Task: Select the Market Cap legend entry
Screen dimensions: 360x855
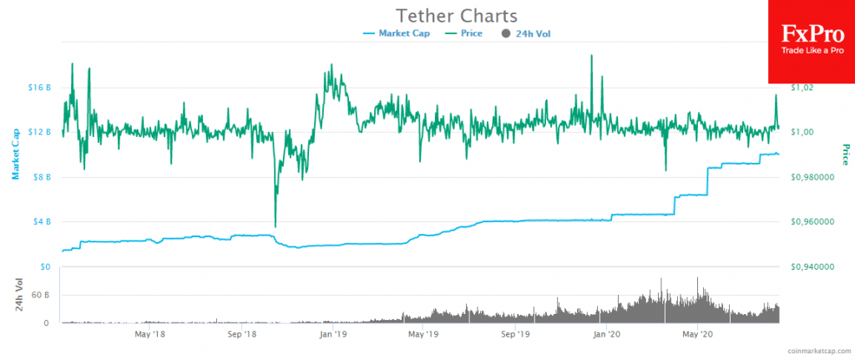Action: [397, 33]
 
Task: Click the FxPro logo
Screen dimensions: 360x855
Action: [811, 42]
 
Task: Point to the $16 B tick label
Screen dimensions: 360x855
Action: [40, 87]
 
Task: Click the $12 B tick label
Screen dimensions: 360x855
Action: [40, 132]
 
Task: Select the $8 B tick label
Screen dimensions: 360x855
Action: [42, 177]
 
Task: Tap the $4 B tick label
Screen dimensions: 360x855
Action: [42, 221]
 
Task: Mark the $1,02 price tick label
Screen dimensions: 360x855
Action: [804, 87]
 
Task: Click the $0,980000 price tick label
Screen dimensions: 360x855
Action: [814, 177]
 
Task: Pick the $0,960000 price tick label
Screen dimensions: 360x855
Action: [814, 221]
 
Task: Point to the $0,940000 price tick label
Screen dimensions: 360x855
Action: [814, 266]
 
